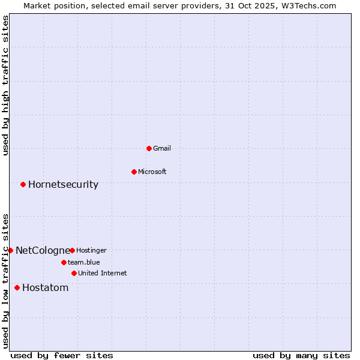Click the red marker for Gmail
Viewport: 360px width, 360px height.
(149, 148)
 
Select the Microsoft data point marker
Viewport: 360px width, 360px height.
(134, 172)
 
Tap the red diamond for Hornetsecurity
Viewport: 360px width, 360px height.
(23, 184)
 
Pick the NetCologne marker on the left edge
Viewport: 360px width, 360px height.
(10, 250)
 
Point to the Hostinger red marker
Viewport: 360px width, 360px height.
(72, 250)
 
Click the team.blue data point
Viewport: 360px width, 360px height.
(64, 262)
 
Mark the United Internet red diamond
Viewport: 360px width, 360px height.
(74, 273)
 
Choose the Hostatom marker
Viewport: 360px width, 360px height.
(17, 287)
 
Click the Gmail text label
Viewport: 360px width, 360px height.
(162, 148)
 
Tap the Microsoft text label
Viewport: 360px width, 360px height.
(152, 172)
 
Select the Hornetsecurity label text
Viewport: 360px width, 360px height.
(63, 184)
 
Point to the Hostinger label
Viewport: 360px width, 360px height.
(91, 250)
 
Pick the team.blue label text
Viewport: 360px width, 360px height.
(84, 262)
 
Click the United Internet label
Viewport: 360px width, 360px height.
(103, 273)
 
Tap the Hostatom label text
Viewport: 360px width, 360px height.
(46, 287)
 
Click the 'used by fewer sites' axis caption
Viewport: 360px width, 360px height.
(62, 355)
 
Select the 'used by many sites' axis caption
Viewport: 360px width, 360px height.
(301, 355)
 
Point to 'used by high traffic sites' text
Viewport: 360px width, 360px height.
(5, 85)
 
